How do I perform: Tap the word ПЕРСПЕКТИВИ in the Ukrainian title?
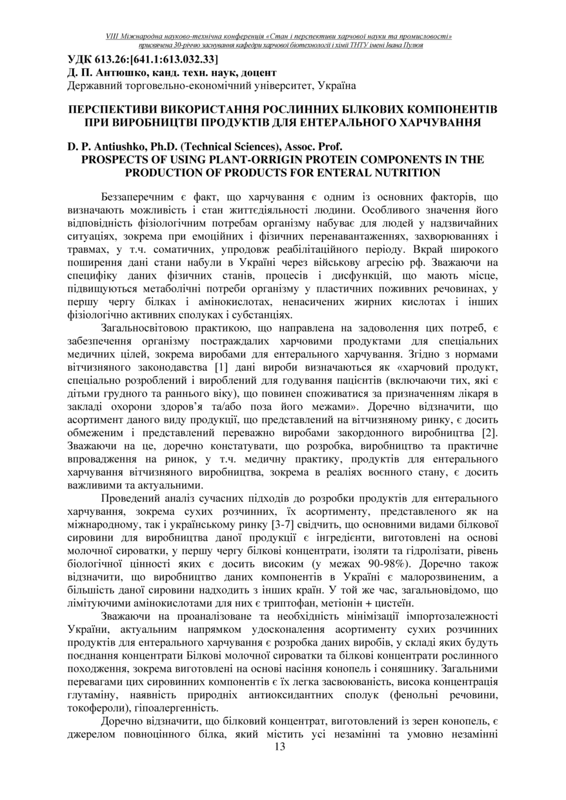tap(111, 109)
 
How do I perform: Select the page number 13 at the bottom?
tap(279, 747)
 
